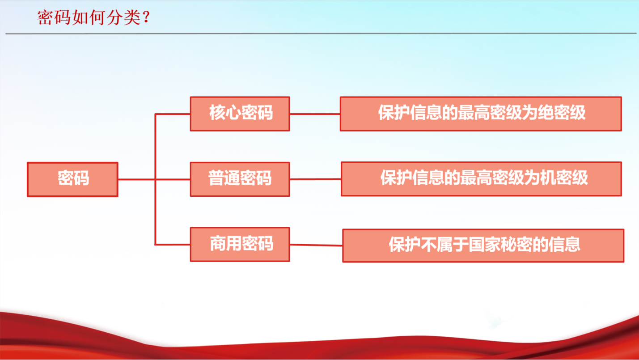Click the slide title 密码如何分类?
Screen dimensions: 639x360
click(x=93, y=17)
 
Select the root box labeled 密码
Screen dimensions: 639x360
click(x=73, y=179)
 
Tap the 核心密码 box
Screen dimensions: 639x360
click(x=240, y=114)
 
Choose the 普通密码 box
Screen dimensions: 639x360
click(x=240, y=179)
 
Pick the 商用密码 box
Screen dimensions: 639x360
click(x=240, y=245)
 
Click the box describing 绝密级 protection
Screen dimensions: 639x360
click(x=481, y=114)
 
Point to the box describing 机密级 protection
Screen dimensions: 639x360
click(x=481, y=179)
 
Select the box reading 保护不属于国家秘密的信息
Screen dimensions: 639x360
click(x=483, y=246)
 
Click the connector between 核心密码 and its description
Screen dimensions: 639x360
click(x=315, y=114)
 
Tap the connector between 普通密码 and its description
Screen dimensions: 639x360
click(x=316, y=179)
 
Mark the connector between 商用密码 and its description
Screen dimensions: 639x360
click(x=316, y=245)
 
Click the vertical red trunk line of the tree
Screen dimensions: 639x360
click(x=155, y=179)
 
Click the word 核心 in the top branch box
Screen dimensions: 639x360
click(x=225, y=112)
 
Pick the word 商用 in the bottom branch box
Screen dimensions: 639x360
click(x=226, y=243)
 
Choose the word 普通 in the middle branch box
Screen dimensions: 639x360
click(x=224, y=178)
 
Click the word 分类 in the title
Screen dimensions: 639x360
click(x=124, y=18)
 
